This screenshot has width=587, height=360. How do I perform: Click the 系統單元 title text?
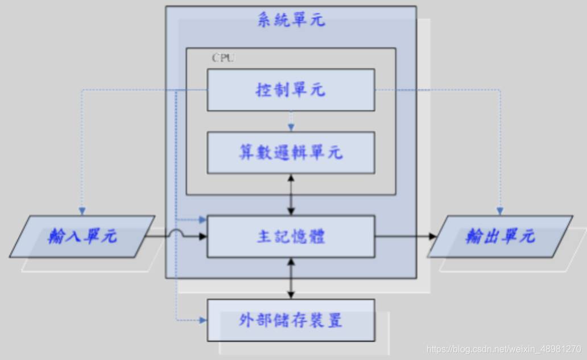pyautogui.click(x=291, y=19)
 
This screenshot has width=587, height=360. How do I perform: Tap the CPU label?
pyautogui.click(x=223, y=58)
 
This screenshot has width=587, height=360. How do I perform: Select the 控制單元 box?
pyautogui.click(x=291, y=90)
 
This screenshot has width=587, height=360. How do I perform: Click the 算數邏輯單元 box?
pyautogui.click(x=291, y=152)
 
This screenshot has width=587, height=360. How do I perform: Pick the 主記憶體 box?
pyautogui.click(x=291, y=236)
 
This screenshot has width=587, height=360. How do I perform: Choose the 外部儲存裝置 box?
pyautogui.click(x=291, y=320)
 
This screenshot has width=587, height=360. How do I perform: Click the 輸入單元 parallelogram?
pyautogui.click(x=82, y=236)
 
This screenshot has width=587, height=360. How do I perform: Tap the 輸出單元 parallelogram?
pyautogui.click(x=500, y=236)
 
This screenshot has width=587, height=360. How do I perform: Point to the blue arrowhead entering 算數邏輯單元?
pyautogui.click(x=291, y=127)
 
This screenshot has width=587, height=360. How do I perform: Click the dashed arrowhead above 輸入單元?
pyautogui.click(x=82, y=212)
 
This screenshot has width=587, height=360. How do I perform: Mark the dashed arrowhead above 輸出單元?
pyautogui.click(x=500, y=212)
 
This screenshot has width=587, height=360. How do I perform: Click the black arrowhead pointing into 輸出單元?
pyautogui.click(x=432, y=236)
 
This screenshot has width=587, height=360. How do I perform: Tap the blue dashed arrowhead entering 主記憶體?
pyautogui.click(x=202, y=220)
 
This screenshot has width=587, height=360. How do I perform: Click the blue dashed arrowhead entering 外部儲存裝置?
pyautogui.click(x=202, y=320)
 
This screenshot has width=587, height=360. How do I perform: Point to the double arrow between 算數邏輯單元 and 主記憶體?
pyautogui.click(x=291, y=195)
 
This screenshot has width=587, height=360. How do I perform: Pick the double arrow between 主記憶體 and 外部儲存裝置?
pyautogui.click(x=291, y=279)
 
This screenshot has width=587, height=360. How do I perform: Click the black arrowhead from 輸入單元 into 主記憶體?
pyautogui.click(x=202, y=236)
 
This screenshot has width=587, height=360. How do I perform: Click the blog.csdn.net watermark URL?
pyautogui.click(x=503, y=349)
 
